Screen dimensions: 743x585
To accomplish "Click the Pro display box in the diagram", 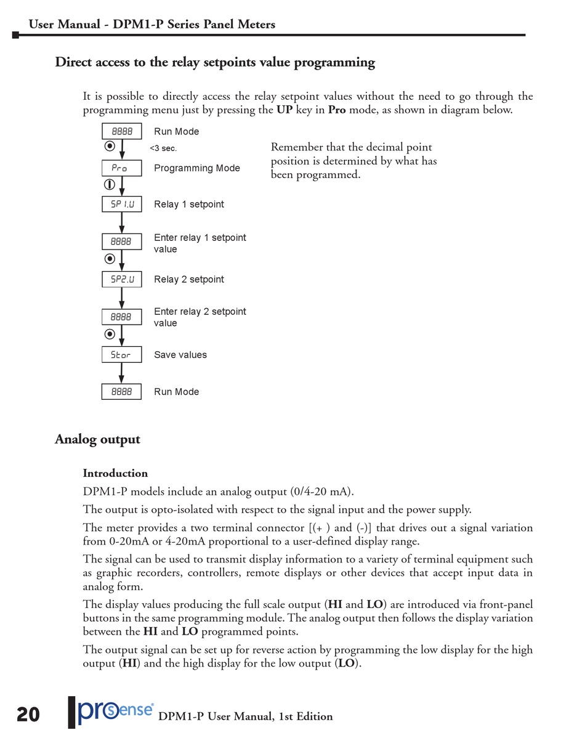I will pyautogui.click(x=121, y=168).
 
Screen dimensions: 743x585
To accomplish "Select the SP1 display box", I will pyautogui.click(x=121, y=205).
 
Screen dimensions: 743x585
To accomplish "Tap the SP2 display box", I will pyautogui.click(x=121, y=280).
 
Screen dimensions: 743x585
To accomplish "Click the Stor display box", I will pyautogui.click(x=121, y=355).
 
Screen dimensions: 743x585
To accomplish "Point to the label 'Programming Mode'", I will pyautogui.click(x=196, y=168).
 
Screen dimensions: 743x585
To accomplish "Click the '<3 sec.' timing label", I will pyautogui.click(x=163, y=148).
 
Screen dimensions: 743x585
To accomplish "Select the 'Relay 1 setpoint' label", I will pyautogui.click(x=188, y=205).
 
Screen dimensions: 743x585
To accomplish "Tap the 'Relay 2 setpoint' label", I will pyautogui.click(x=188, y=280).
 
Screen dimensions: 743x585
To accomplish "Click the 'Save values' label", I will pyautogui.click(x=180, y=355).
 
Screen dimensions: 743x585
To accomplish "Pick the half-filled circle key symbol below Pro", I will pyautogui.click(x=109, y=184).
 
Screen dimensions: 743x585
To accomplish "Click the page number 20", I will pyautogui.click(x=28, y=715).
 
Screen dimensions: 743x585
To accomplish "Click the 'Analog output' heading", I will pyautogui.click(x=97, y=439).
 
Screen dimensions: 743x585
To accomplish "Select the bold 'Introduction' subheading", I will pyautogui.click(x=115, y=473).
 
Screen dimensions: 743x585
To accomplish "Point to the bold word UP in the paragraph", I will pyautogui.click(x=284, y=110).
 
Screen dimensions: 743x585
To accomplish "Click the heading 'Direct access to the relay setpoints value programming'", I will pyautogui.click(x=214, y=62).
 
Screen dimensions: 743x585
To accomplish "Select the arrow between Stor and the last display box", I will pyautogui.click(x=121, y=373).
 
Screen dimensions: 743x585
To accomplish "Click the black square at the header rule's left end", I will pyautogui.click(x=15, y=35).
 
